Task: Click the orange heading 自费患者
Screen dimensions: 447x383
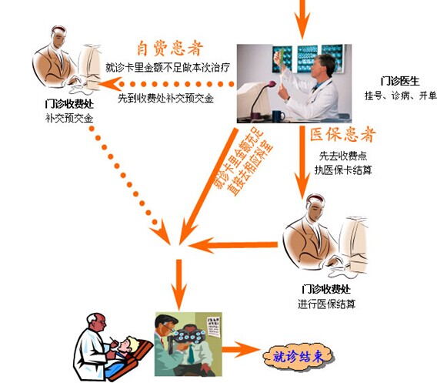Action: tap(170, 49)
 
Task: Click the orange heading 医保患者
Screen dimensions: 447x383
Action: tap(343, 134)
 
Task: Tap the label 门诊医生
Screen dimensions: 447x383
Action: tap(400, 82)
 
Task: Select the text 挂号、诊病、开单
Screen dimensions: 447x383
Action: tap(401, 96)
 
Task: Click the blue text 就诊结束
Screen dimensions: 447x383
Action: tap(299, 357)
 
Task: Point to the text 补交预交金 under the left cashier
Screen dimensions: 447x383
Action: tap(69, 118)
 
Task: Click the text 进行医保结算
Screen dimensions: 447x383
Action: tap(327, 304)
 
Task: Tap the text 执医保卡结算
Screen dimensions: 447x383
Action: tap(343, 170)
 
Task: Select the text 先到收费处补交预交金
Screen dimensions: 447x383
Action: tap(165, 98)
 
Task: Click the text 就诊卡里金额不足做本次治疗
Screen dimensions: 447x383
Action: tap(168, 67)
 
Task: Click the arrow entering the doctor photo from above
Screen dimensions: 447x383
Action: tap(302, 19)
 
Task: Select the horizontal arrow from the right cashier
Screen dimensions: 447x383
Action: tap(233, 245)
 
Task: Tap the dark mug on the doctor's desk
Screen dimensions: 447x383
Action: tap(278, 116)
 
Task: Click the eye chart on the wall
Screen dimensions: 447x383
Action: tap(213, 327)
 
